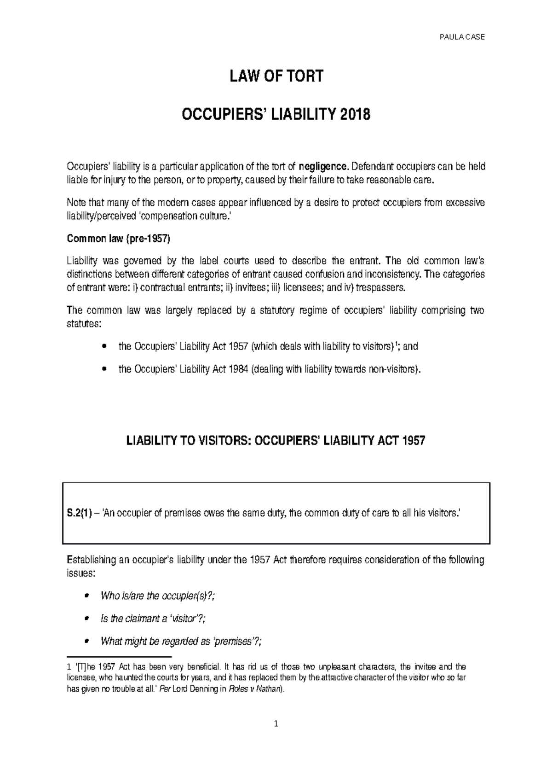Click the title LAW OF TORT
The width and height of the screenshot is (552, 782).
click(x=276, y=76)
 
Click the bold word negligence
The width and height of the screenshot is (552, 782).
click(x=323, y=166)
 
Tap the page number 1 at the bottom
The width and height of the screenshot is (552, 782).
click(x=276, y=724)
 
